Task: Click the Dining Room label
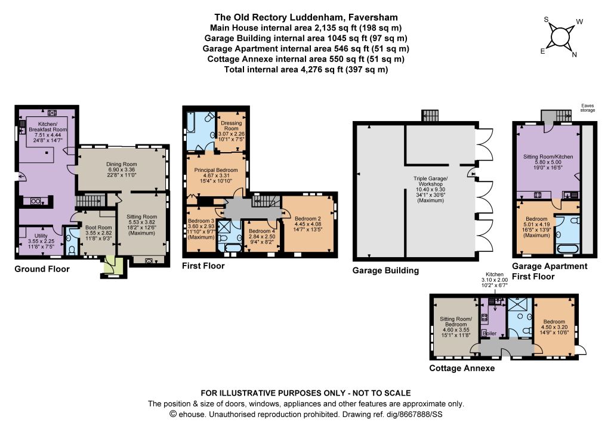click(121, 164)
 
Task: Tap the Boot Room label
click(98, 227)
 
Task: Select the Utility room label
click(41, 236)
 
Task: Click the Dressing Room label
click(231, 125)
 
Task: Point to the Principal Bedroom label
click(216, 170)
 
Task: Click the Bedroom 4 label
click(262, 231)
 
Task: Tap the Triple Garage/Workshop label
click(431, 181)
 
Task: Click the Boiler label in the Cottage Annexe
click(489, 334)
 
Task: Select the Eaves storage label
click(587, 108)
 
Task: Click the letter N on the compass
click(574, 55)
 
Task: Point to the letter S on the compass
click(546, 20)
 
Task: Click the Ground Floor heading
click(42, 269)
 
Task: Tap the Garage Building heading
click(385, 271)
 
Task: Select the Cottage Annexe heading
click(462, 368)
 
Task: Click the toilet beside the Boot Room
click(71, 249)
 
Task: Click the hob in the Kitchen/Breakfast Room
click(52, 113)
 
